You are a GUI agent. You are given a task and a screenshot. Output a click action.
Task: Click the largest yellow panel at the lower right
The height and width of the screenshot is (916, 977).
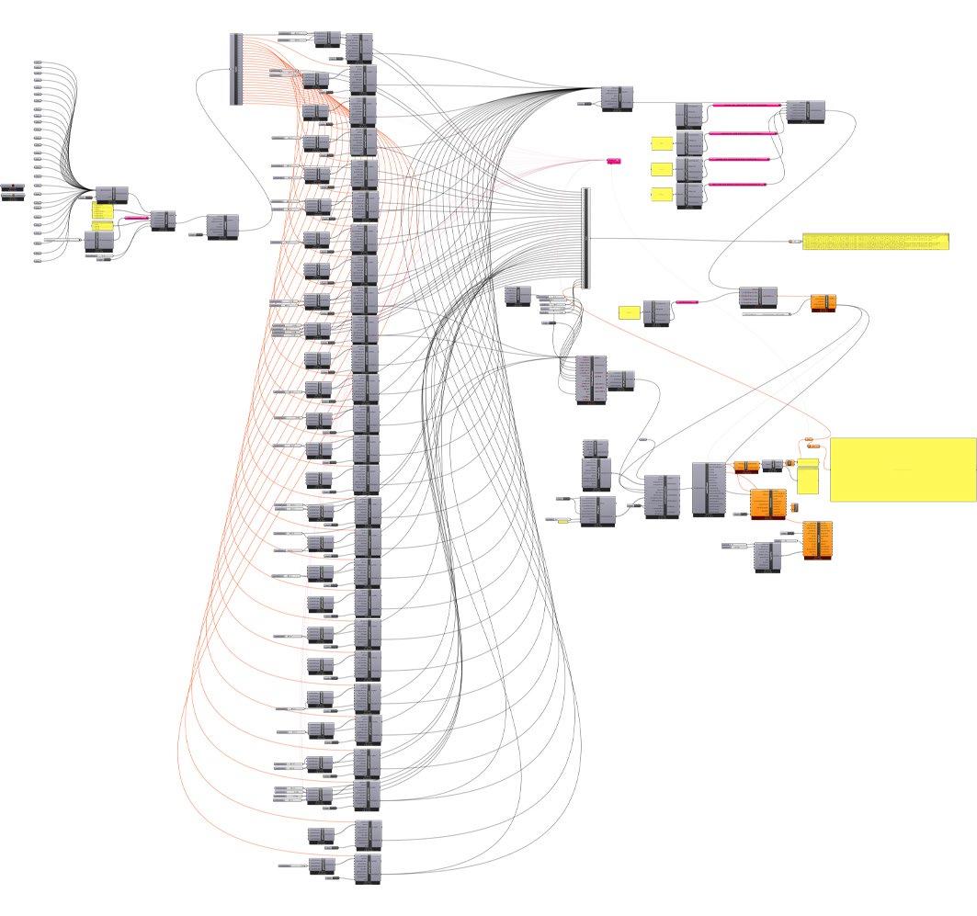(903, 469)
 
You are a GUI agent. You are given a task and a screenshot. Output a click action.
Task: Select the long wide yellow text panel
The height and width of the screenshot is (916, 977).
(875, 242)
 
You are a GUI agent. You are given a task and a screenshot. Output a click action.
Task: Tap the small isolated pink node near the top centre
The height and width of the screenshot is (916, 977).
(614, 161)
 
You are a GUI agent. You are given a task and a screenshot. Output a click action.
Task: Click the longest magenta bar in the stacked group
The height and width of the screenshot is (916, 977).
(745, 106)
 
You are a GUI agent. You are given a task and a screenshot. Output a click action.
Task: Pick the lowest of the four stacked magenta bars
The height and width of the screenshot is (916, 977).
(736, 185)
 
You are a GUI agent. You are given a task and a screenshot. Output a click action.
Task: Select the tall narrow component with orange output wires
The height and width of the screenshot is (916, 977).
(236, 69)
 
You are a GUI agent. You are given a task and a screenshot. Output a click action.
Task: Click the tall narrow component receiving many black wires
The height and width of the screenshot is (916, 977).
(585, 238)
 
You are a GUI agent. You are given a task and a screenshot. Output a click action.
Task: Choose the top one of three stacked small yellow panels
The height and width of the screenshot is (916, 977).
(662, 143)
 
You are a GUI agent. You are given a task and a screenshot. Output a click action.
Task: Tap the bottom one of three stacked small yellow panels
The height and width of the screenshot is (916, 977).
(662, 194)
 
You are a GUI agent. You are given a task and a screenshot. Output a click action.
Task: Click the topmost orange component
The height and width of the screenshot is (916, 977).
(824, 302)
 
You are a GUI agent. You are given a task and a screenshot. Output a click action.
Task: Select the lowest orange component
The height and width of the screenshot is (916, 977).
(817, 539)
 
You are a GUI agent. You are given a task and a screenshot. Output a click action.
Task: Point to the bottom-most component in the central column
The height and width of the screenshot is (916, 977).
(367, 868)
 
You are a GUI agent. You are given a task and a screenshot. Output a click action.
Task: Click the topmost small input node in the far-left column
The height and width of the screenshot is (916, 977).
(38, 62)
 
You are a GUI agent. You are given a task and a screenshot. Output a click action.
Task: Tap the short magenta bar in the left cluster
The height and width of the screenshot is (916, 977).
(136, 218)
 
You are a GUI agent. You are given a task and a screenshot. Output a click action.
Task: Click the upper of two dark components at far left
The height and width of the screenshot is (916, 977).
(13, 187)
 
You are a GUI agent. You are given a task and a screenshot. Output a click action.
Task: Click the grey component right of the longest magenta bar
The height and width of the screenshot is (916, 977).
(805, 112)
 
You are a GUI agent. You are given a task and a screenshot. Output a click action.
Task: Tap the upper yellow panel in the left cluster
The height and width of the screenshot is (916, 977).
(102, 210)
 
